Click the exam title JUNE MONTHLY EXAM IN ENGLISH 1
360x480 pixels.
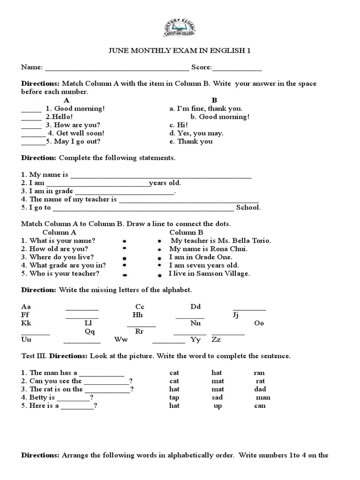180,51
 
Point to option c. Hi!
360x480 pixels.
179,125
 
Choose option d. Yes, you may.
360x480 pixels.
196,133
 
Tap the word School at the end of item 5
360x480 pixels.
248,208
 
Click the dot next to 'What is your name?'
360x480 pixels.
125,240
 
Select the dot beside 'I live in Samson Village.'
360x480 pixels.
159,275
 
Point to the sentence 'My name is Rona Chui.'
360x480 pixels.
208,249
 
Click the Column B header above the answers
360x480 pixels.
186,232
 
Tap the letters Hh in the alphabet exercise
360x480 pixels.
138,315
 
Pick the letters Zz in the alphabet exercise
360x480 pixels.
216,340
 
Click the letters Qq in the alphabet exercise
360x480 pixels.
90,331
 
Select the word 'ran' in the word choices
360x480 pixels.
259,373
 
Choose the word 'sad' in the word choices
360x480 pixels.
217,397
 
